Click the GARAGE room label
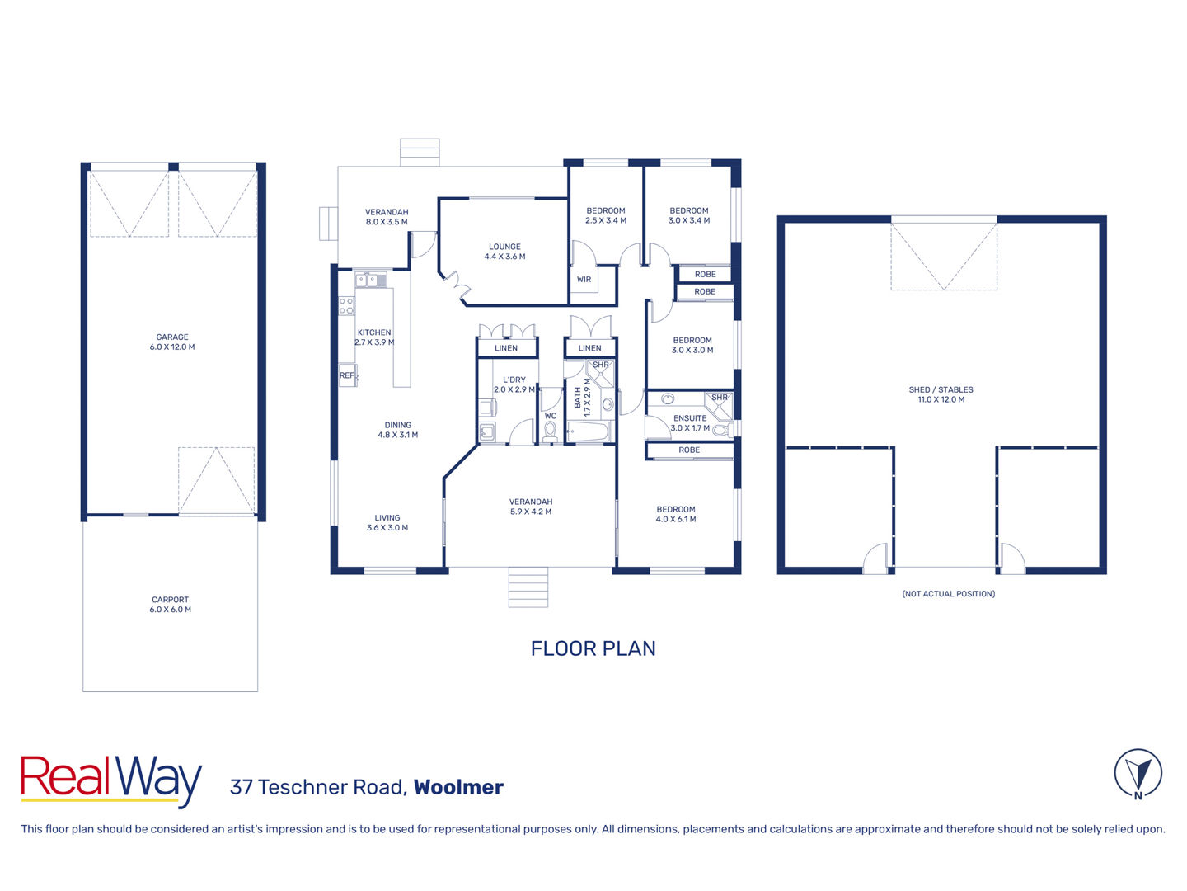(172, 337)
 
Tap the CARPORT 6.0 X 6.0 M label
(171, 604)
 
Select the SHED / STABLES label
(941, 389)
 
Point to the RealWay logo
(110, 780)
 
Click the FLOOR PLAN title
(593, 648)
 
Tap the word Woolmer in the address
(458, 787)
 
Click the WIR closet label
(584, 280)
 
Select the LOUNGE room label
(504, 247)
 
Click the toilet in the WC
(550, 431)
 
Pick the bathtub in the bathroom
(588, 432)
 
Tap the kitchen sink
(367, 280)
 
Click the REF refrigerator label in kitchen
(347, 375)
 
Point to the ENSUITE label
(690, 418)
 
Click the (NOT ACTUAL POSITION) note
(949, 593)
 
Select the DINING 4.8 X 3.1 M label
(398, 430)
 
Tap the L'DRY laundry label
(514, 379)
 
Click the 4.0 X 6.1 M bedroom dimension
(676, 519)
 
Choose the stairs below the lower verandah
(528, 587)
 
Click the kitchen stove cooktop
(347, 305)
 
